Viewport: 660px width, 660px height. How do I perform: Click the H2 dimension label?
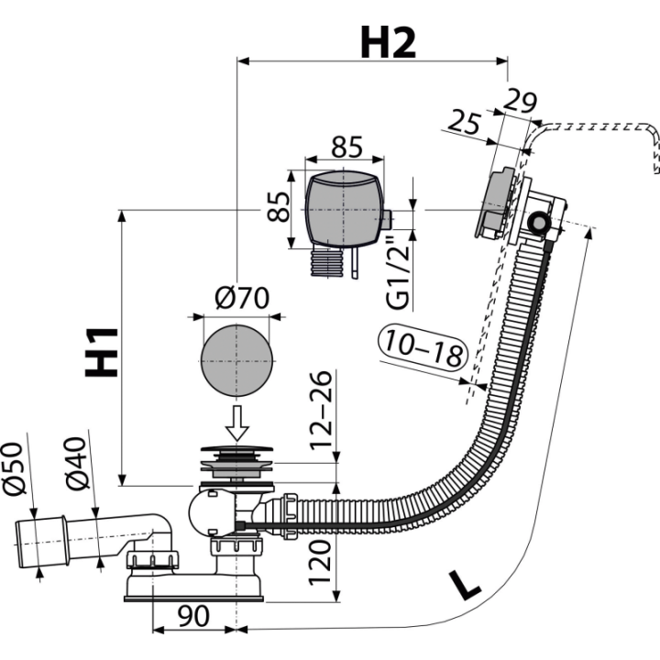[x=388, y=42]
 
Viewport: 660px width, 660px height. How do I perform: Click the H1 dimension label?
[x=102, y=352]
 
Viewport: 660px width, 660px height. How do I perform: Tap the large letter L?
[x=464, y=585]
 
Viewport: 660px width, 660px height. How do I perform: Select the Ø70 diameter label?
[x=242, y=298]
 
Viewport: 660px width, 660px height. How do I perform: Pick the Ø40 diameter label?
[x=77, y=464]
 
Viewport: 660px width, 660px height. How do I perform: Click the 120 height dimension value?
[x=320, y=563]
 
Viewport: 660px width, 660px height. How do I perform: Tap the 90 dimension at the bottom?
[x=193, y=616]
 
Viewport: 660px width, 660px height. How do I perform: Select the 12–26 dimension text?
[x=321, y=411]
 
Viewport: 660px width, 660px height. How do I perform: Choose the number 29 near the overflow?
[x=521, y=101]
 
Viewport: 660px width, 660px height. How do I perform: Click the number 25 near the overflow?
[x=464, y=122]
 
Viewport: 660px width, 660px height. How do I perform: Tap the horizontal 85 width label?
[x=346, y=147]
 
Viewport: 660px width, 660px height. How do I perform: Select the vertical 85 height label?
[x=279, y=206]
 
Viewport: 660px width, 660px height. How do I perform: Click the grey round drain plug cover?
[x=236, y=361]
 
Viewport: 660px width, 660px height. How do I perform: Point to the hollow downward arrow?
[x=237, y=423]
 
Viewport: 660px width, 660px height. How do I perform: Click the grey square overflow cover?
[x=344, y=209]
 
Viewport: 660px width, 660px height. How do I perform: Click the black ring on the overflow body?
[x=538, y=222]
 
